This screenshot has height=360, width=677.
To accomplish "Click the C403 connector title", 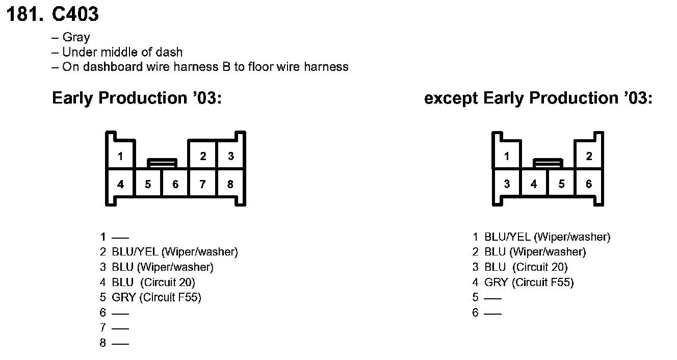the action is (x=75, y=14).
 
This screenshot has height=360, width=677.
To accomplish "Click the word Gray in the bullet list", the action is (x=76, y=37).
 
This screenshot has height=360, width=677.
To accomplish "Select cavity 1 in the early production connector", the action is (x=120, y=156).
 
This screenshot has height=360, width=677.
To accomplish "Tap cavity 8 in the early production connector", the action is (x=230, y=184).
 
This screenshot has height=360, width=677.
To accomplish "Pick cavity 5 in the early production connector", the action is (x=148, y=184).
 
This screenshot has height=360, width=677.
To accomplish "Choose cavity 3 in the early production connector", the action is (x=230, y=156).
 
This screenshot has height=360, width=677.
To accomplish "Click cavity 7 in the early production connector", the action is (x=202, y=184).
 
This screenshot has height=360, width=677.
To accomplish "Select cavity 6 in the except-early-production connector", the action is (x=589, y=184).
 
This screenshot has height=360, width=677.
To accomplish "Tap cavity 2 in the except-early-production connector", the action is (x=589, y=156).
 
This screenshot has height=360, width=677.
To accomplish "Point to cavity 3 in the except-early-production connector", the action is (x=506, y=184).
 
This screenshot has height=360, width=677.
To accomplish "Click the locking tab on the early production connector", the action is (x=162, y=163).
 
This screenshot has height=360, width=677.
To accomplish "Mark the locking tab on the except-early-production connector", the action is (x=548, y=163).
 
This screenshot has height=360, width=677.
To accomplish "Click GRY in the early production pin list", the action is (x=123, y=297).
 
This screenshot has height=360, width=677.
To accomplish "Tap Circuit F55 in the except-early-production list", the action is (x=543, y=282).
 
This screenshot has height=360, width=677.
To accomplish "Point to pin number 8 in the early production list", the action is (x=103, y=343).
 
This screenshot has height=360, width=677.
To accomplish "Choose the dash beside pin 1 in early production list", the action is (x=120, y=237).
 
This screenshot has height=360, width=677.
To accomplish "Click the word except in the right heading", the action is (x=451, y=98).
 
